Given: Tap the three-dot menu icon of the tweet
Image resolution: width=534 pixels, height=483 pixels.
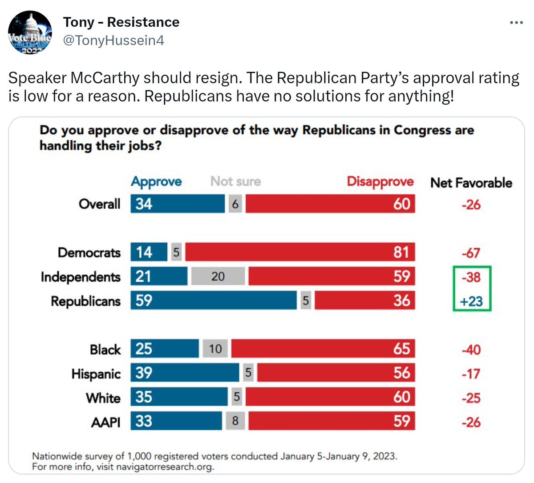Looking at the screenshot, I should point(516,22).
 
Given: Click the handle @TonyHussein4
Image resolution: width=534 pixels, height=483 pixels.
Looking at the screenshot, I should point(113,41).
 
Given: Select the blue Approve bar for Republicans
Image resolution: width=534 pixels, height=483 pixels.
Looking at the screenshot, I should point(214,300).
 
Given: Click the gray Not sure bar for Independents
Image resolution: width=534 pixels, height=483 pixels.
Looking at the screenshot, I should point(218,276).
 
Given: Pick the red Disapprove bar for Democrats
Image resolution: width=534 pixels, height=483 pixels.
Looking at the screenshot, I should point(300,252).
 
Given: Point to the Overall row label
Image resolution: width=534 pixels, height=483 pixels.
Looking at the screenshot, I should point(99,204).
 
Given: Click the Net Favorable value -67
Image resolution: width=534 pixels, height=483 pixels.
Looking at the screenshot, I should point(471,253).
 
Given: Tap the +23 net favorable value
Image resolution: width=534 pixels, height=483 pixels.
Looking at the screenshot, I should point(471,301).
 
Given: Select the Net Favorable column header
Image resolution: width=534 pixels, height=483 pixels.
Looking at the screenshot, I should point(471,183).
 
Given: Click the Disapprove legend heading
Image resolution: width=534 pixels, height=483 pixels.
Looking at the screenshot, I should point(380,182).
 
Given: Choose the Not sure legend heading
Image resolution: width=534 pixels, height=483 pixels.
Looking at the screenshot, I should point(235,181).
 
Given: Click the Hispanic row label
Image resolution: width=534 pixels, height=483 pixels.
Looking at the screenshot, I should point(96,373).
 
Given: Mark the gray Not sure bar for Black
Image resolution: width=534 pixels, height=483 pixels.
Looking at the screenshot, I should point(215,349).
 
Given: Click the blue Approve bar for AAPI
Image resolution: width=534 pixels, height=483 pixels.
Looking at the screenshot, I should point(176,421).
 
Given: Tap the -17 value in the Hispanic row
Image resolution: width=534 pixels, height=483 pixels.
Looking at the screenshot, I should point(471,373).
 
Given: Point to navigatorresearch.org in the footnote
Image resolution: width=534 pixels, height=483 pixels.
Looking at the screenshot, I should point(165,467).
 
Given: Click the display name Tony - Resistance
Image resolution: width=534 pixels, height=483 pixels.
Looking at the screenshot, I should point(121,22).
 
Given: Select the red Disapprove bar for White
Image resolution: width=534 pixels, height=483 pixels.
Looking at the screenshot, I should point(330,397).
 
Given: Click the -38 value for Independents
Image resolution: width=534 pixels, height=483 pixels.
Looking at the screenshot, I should point(471,277).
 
